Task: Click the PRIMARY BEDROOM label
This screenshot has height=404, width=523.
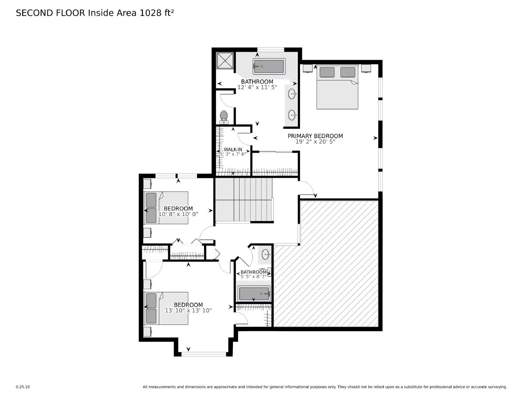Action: pyautogui.click(x=315, y=136)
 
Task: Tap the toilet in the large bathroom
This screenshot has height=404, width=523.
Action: pyautogui.click(x=224, y=116)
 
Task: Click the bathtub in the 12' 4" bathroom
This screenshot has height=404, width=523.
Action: pyautogui.click(x=269, y=66)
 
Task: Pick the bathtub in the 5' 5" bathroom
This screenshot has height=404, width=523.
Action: pyautogui.click(x=254, y=294)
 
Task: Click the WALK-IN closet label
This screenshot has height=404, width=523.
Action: pyautogui.click(x=233, y=149)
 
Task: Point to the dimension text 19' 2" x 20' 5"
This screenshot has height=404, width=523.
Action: pyautogui.click(x=315, y=142)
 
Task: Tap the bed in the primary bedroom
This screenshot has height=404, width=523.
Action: pyautogui.click(x=337, y=88)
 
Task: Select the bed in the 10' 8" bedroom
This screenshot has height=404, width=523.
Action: pyautogui.click(x=166, y=208)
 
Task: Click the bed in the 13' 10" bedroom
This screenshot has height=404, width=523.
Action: pyautogui.click(x=166, y=308)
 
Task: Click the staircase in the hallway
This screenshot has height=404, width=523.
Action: pyautogui.click(x=244, y=199)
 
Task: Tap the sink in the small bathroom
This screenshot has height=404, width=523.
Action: pyautogui.click(x=266, y=254)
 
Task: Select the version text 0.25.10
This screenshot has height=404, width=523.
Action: pyautogui.click(x=23, y=387)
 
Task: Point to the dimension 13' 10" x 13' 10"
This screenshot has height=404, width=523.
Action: pyautogui.click(x=188, y=311)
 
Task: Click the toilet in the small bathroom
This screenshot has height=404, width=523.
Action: pyautogui.click(x=268, y=272)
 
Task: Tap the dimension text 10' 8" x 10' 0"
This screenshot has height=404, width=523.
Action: pyautogui.click(x=178, y=214)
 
